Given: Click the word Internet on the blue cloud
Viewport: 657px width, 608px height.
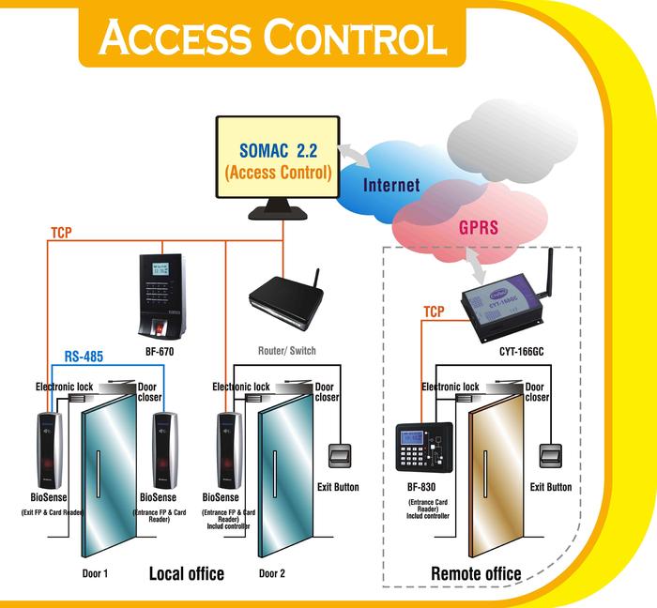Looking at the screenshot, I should click(x=391, y=185).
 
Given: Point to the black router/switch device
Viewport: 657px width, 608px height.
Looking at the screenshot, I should click(x=286, y=311).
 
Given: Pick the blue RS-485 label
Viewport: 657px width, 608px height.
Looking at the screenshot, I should click(x=84, y=357).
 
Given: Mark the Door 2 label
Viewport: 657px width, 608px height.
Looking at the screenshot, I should click(x=272, y=572).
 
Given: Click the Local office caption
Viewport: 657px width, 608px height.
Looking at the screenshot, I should click(x=187, y=572).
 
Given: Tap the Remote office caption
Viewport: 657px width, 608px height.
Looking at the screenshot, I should click(x=476, y=573).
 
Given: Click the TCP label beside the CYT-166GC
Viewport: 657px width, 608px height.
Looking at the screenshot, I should click(x=434, y=312).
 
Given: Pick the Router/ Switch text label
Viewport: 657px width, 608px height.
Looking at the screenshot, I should click(x=286, y=351).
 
